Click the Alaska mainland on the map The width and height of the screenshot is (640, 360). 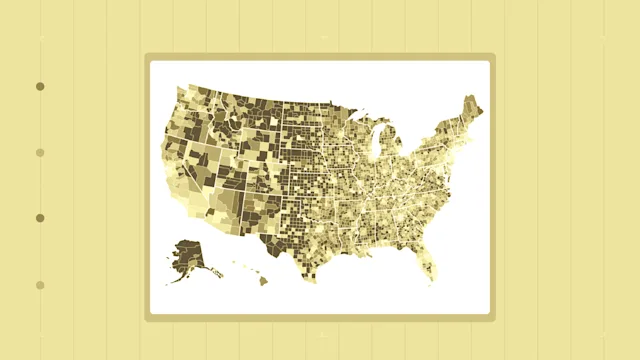pyautogui.click(x=187, y=254)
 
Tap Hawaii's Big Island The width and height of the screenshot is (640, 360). pyautogui.click(x=264, y=281)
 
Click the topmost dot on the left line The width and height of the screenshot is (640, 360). pyautogui.click(x=40, y=87)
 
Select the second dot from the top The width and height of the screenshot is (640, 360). pyautogui.click(x=40, y=153)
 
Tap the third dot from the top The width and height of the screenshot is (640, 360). pyautogui.click(x=40, y=218)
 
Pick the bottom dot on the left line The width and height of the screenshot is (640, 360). pyautogui.click(x=40, y=285)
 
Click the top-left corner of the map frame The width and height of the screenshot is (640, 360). pyautogui.click(x=146, y=56)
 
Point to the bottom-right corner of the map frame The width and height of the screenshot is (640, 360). pyautogui.click(x=493, y=319)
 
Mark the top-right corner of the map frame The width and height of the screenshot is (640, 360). pyautogui.click(x=493, y=56)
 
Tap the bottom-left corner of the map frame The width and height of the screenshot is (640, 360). pyautogui.click(x=146, y=319)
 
